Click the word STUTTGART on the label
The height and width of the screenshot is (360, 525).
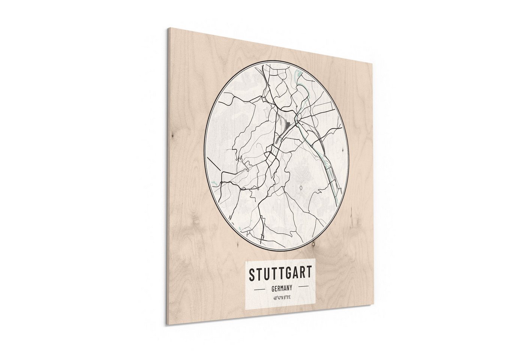click(x=280, y=273)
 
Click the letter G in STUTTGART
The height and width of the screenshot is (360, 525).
click(x=287, y=273)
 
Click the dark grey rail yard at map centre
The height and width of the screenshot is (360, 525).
click(x=286, y=122)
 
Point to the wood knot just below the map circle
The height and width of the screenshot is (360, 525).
click(x=310, y=245)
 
